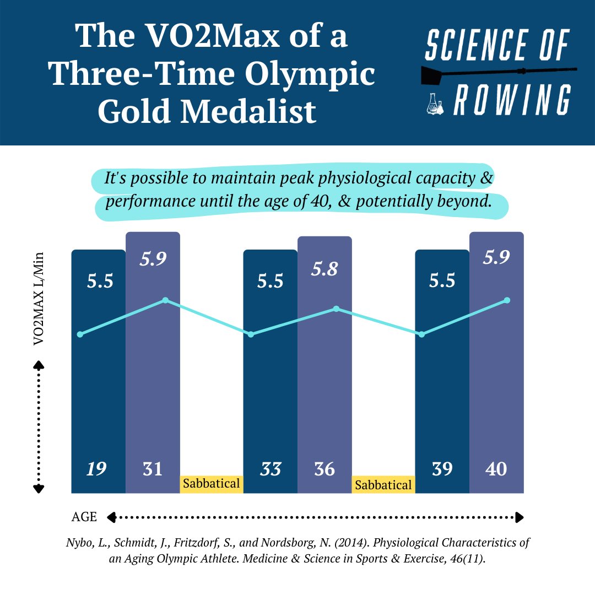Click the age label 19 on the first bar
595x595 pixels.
(96, 469)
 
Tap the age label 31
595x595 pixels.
(153, 469)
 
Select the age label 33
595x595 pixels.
(270, 469)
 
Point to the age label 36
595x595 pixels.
(324, 469)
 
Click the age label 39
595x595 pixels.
(442, 469)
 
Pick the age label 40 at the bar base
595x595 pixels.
(496, 469)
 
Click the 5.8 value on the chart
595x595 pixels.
(324, 269)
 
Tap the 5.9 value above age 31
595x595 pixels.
(153, 259)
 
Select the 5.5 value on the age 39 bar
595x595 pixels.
(442, 282)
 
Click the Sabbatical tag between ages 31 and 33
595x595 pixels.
(212, 484)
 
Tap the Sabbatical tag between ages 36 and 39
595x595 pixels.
(383, 485)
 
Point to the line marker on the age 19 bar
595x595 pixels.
(80, 334)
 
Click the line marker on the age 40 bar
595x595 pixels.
(507, 300)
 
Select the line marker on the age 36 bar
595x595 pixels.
(336, 309)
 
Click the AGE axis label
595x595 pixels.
(84, 517)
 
